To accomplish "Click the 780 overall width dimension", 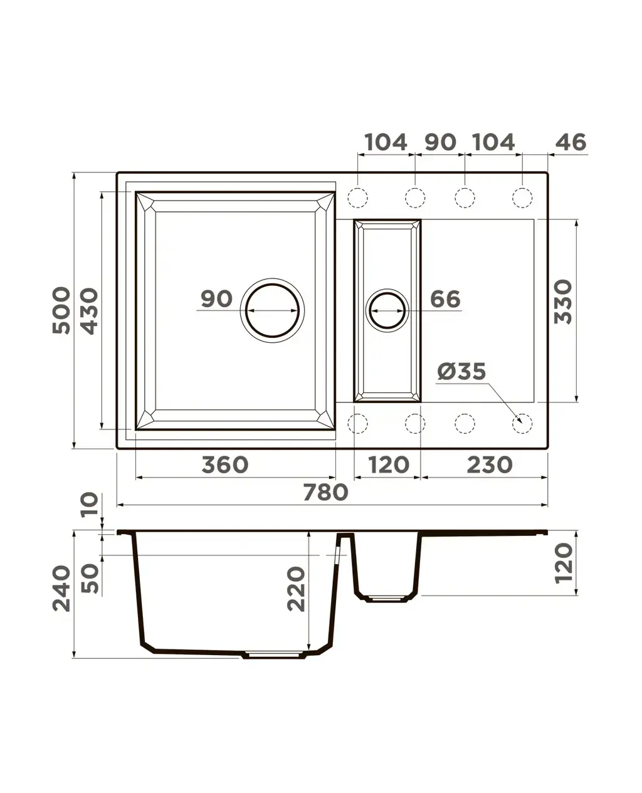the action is tap(325, 492).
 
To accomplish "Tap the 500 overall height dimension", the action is tap(61, 310).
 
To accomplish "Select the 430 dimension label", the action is tap(90, 311).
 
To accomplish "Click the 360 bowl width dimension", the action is tap(224, 465).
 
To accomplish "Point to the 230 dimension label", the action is tap(489, 465).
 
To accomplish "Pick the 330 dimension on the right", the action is tap(562, 302).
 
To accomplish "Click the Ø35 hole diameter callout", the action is tap(461, 371).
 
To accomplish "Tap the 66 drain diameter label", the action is tap(445, 299).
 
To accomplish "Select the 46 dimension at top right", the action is tap(571, 142).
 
